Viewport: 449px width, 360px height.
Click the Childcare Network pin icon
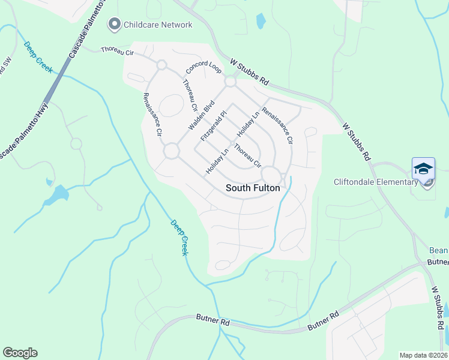(113, 25)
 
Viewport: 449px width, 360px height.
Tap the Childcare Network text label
(158, 25)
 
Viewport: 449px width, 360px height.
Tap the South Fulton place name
(253, 188)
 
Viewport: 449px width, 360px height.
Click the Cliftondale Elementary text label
(372, 182)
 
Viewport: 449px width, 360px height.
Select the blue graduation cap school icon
(423, 169)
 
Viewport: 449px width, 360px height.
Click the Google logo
(20, 353)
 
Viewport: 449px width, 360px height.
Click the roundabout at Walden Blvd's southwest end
(172, 151)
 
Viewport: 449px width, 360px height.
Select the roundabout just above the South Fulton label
(271, 175)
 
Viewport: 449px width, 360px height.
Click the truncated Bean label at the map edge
(439, 250)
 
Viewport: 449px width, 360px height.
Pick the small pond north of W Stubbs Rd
(261, 21)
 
